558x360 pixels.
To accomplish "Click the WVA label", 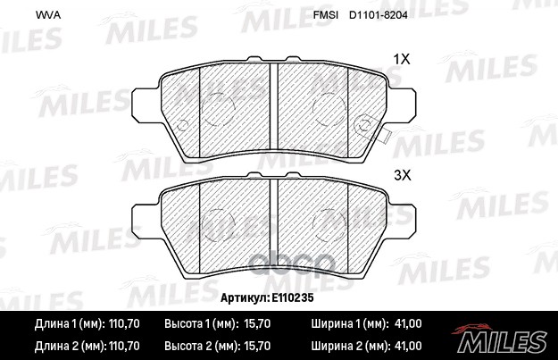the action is (48, 15).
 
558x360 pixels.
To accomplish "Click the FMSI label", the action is (326, 15).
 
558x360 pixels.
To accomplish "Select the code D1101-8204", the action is (379, 15).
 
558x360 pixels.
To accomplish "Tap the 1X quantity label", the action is (402, 59).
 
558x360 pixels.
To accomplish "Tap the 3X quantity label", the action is (402, 175).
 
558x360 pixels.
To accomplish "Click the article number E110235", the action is (293, 297).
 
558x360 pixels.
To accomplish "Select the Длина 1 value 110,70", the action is (124, 323).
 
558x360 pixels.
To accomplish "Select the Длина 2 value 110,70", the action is (124, 346).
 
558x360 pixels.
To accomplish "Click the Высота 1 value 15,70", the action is (257, 323).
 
